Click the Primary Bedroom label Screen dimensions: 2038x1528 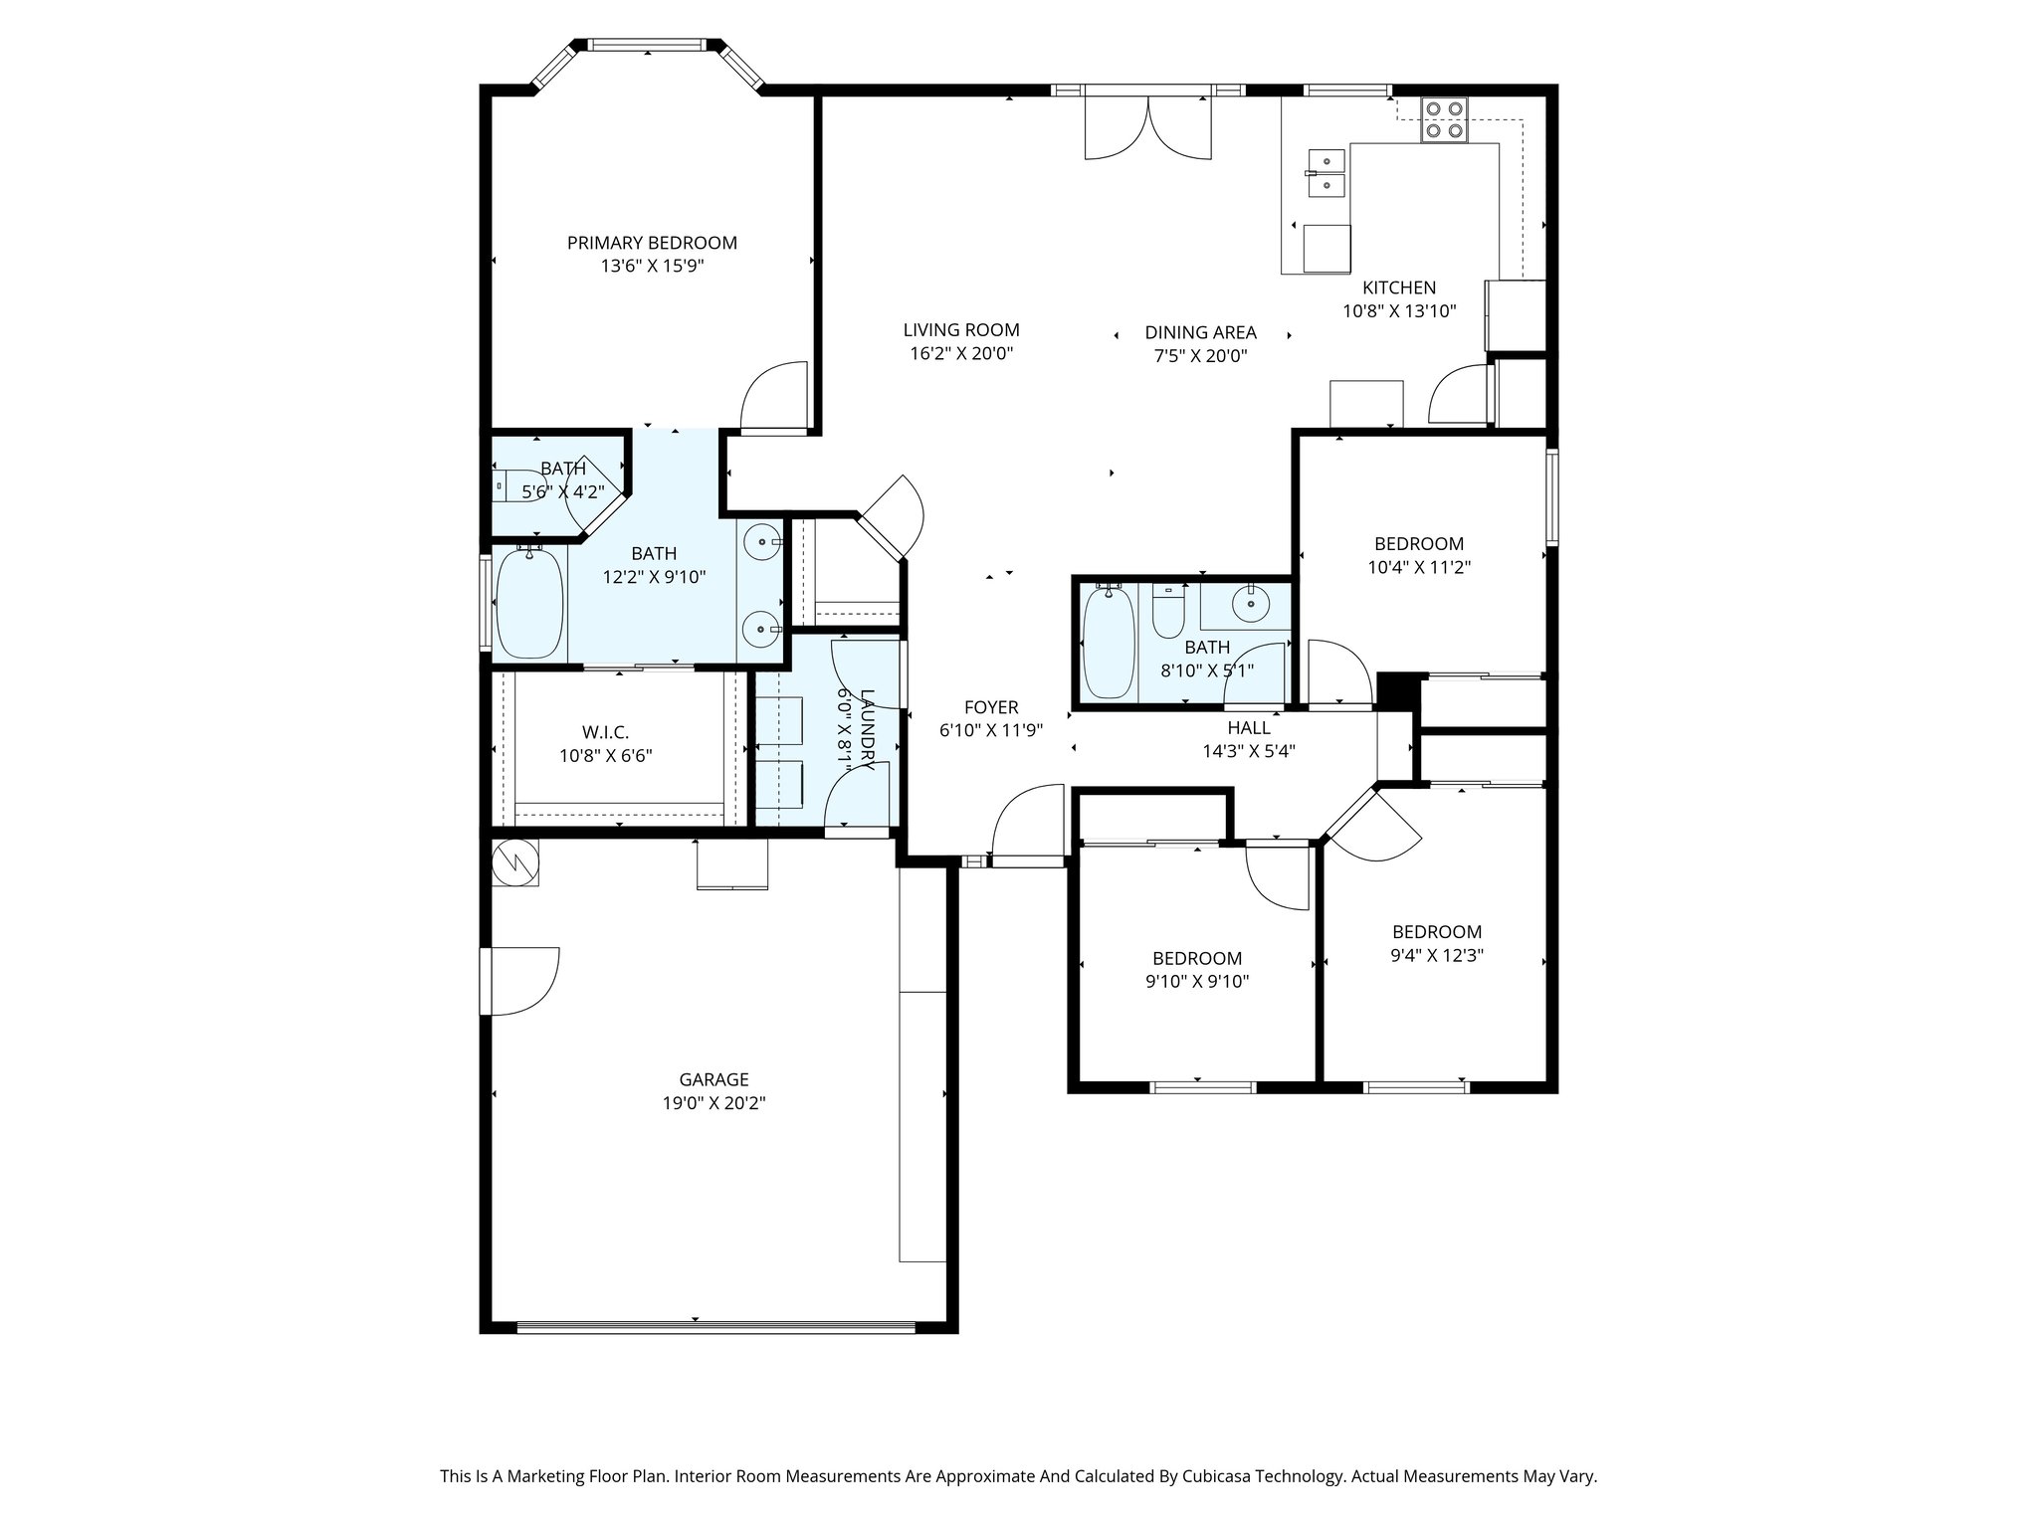click(652, 243)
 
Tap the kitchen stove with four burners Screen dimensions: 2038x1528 click(1443, 119)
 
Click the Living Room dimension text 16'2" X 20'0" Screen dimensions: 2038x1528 click(961, 353)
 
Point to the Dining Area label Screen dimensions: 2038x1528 click(1200, 332)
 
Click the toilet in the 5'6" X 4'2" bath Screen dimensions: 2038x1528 click(518, 483)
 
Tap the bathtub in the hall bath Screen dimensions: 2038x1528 click(1108, 641)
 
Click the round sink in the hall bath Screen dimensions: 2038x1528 click(1247, 602)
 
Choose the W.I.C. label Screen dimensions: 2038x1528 click(605, 732)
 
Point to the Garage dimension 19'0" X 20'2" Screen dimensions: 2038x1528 click(713, 1102)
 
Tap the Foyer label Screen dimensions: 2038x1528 click(991, 707)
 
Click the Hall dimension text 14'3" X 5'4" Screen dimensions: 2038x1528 click(1248, 751)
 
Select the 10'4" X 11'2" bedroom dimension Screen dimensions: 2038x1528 click(1419, 567)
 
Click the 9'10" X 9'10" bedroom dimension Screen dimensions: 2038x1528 click(1197, 982)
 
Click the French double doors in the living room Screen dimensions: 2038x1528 click(1148, 125)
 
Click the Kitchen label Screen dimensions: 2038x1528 click(1399, 287)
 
